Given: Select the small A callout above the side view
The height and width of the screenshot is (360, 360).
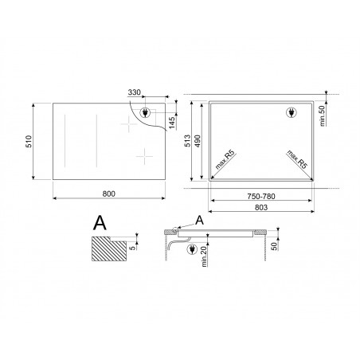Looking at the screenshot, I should [x=199, y=218].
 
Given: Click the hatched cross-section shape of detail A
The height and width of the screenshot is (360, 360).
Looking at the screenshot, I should [x=109, y=251].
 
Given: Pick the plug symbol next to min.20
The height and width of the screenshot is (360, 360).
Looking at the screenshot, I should [x=193, y=250].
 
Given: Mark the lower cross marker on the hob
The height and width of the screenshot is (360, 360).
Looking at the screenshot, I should [x=145, y=157].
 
